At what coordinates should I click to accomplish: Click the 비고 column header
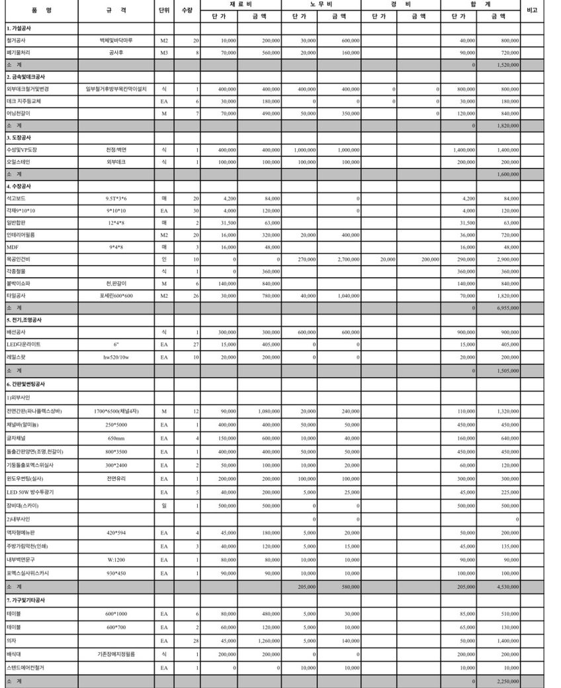pos(532,10)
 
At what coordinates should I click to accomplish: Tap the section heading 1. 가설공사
pos(19,28)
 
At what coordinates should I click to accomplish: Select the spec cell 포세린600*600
pos(116,296)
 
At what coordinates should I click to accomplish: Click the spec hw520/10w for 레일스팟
pos(116,357)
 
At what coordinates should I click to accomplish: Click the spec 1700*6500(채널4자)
pos(116,411)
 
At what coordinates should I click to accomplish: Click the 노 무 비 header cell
pos(322,4)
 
